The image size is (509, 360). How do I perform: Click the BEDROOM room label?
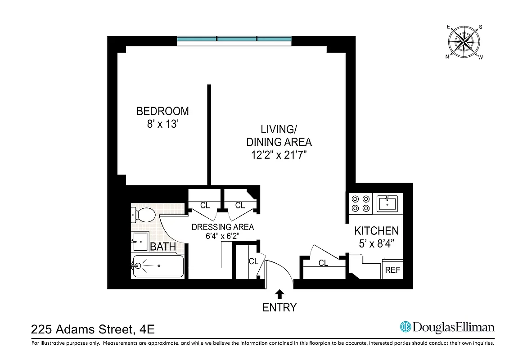pyautogui.click(x=162, y=111)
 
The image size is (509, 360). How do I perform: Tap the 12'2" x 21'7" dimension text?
pyautogui.click(x=279, y=155)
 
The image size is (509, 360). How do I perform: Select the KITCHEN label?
pyautogui.click(x=376, y=231)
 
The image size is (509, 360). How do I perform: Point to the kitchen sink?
pyautogui.click(x=387, y=203)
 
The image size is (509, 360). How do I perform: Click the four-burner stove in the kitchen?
pyautogui.click(x=361, y=203)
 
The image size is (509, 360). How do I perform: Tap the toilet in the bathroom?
pyautogui.click(x=143, y=215)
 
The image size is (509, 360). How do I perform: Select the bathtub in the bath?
pyautogui.click(x=158, y=266)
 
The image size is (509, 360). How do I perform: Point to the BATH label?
pyautogui.click(x=163, y=247)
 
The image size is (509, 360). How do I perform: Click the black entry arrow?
pyautogui.click(x=279, y=294)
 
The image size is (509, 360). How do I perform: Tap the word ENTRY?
pyautogui.click(x=279, y=308)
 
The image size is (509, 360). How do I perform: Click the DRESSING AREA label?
pyautogui.click(x=222, y=227)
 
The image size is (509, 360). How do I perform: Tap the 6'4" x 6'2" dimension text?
pyautogui.click(x=222, y=235)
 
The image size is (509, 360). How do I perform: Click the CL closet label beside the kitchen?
pyautogui.click(x=323, y=263)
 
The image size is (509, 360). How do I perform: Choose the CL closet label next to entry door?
pyautogui.click(x=253, y=261)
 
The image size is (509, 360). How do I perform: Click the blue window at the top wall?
pyautogui.click(x=234, y=40)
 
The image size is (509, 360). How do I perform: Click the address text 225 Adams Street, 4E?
pyautogui.click(x=93, y=330)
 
